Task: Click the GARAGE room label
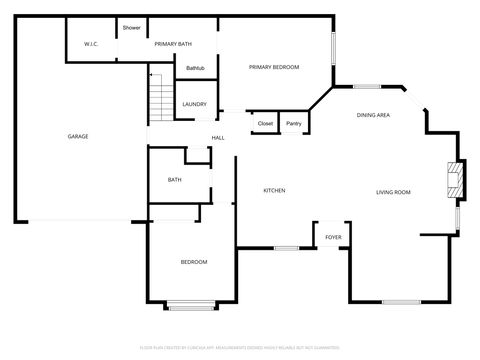point(77,136)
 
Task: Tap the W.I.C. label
point(89,44)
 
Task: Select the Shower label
point(131,27)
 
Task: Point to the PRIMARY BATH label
point(172,44)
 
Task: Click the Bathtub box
point(195,68)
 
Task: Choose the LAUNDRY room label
point(194,103)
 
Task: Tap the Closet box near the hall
point(265,123)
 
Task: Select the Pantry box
point(293,123)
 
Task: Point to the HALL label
point(217,137)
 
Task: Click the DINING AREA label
point(373,115)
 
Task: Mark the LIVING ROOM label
point(393,191)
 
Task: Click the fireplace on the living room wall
point(455,180)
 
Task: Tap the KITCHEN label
point(275,190)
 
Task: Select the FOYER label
point(333,237)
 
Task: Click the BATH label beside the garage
point(175,180)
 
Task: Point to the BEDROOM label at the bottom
point(194,261)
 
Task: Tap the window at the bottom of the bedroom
point(191,304)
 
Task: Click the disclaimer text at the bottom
point(239,345)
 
